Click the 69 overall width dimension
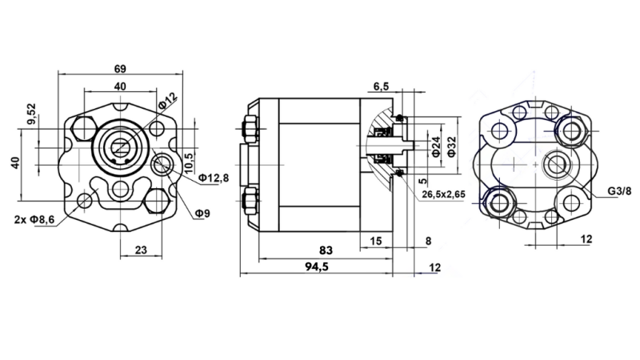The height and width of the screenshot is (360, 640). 120,68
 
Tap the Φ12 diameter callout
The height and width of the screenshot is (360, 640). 167,101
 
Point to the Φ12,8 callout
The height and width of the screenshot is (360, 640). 214,177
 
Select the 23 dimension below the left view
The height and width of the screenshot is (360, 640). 139,250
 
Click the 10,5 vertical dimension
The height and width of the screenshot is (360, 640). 190,150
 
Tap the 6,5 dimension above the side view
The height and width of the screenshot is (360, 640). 382,86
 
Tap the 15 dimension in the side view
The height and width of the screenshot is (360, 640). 375,240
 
